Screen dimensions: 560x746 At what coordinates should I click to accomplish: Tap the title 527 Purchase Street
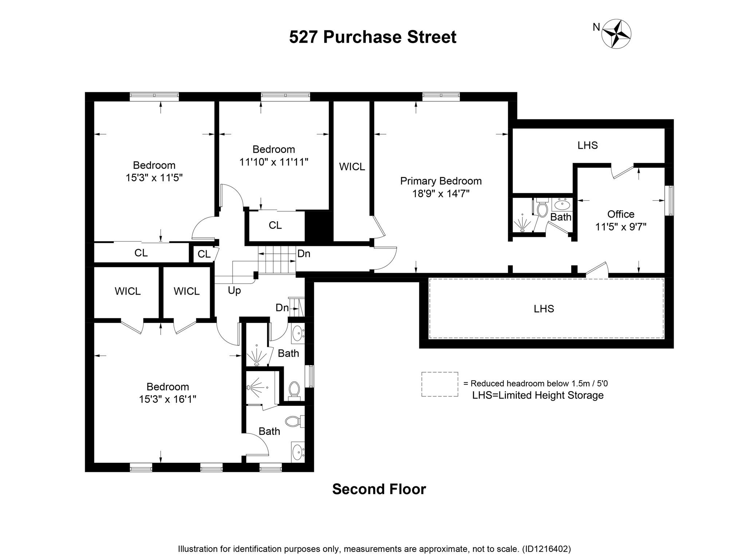point(372,37)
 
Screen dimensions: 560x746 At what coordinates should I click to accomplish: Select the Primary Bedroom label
point(441,181)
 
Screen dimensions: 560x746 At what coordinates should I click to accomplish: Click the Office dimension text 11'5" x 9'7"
point(621,227)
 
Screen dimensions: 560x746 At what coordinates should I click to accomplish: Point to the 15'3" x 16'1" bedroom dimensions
point(168,399)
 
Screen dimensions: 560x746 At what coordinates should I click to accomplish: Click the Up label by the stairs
point(234,291)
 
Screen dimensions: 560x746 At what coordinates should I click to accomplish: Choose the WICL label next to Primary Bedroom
point(352,167)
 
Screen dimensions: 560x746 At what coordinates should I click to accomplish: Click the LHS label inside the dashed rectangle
point(544,309)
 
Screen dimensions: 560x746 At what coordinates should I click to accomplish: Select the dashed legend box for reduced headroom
point(440,384)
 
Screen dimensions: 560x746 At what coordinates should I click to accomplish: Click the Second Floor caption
point(379,489)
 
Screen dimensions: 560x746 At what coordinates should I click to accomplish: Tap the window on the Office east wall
point(669,201)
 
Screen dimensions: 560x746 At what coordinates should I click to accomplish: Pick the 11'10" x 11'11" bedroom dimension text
point(274,162)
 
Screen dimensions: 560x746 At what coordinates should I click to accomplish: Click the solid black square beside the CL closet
point(319,226)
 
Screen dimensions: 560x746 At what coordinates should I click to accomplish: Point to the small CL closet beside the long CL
point(204,254)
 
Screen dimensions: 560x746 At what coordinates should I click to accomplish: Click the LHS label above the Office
point(588,145)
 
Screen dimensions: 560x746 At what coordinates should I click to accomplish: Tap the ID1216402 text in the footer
point(546,549)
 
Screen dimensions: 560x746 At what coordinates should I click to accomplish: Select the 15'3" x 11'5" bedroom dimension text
point(154,178)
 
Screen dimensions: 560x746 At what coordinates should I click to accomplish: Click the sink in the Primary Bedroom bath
point(563,205)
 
